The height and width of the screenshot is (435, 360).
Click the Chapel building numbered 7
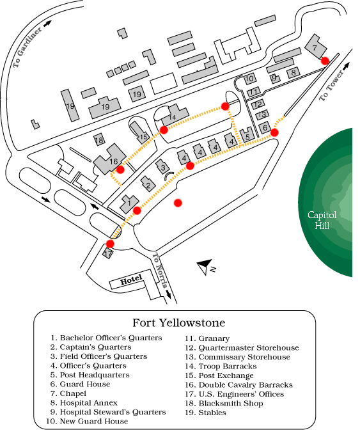315,47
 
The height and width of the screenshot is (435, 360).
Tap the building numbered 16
110,159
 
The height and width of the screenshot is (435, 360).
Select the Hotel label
131,280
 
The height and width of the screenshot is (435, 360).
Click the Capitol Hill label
322,220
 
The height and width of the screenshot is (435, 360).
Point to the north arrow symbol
205,266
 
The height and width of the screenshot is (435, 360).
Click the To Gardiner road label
27,47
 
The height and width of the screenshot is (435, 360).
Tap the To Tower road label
331,85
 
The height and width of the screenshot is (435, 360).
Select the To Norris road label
160,270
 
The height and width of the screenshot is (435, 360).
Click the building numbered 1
129,204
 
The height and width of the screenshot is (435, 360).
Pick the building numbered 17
108,253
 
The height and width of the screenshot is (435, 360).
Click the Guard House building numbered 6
265,127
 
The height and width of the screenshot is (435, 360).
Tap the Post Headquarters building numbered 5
247,136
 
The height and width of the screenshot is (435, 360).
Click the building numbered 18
99,139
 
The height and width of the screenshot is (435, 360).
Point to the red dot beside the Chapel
325,61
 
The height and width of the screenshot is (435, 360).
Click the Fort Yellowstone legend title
178,322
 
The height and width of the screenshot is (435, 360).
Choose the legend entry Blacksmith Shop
224,403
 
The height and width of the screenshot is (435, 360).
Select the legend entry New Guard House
87,421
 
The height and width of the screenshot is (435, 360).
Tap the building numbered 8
293,72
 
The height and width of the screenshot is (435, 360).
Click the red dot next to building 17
110,244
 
